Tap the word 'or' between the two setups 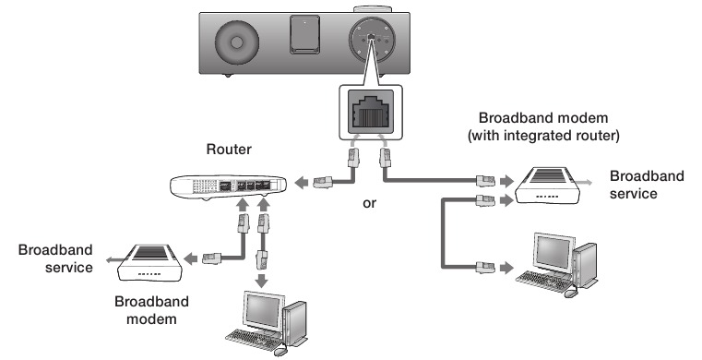pos(370,202)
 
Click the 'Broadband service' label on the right pos(647,185)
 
